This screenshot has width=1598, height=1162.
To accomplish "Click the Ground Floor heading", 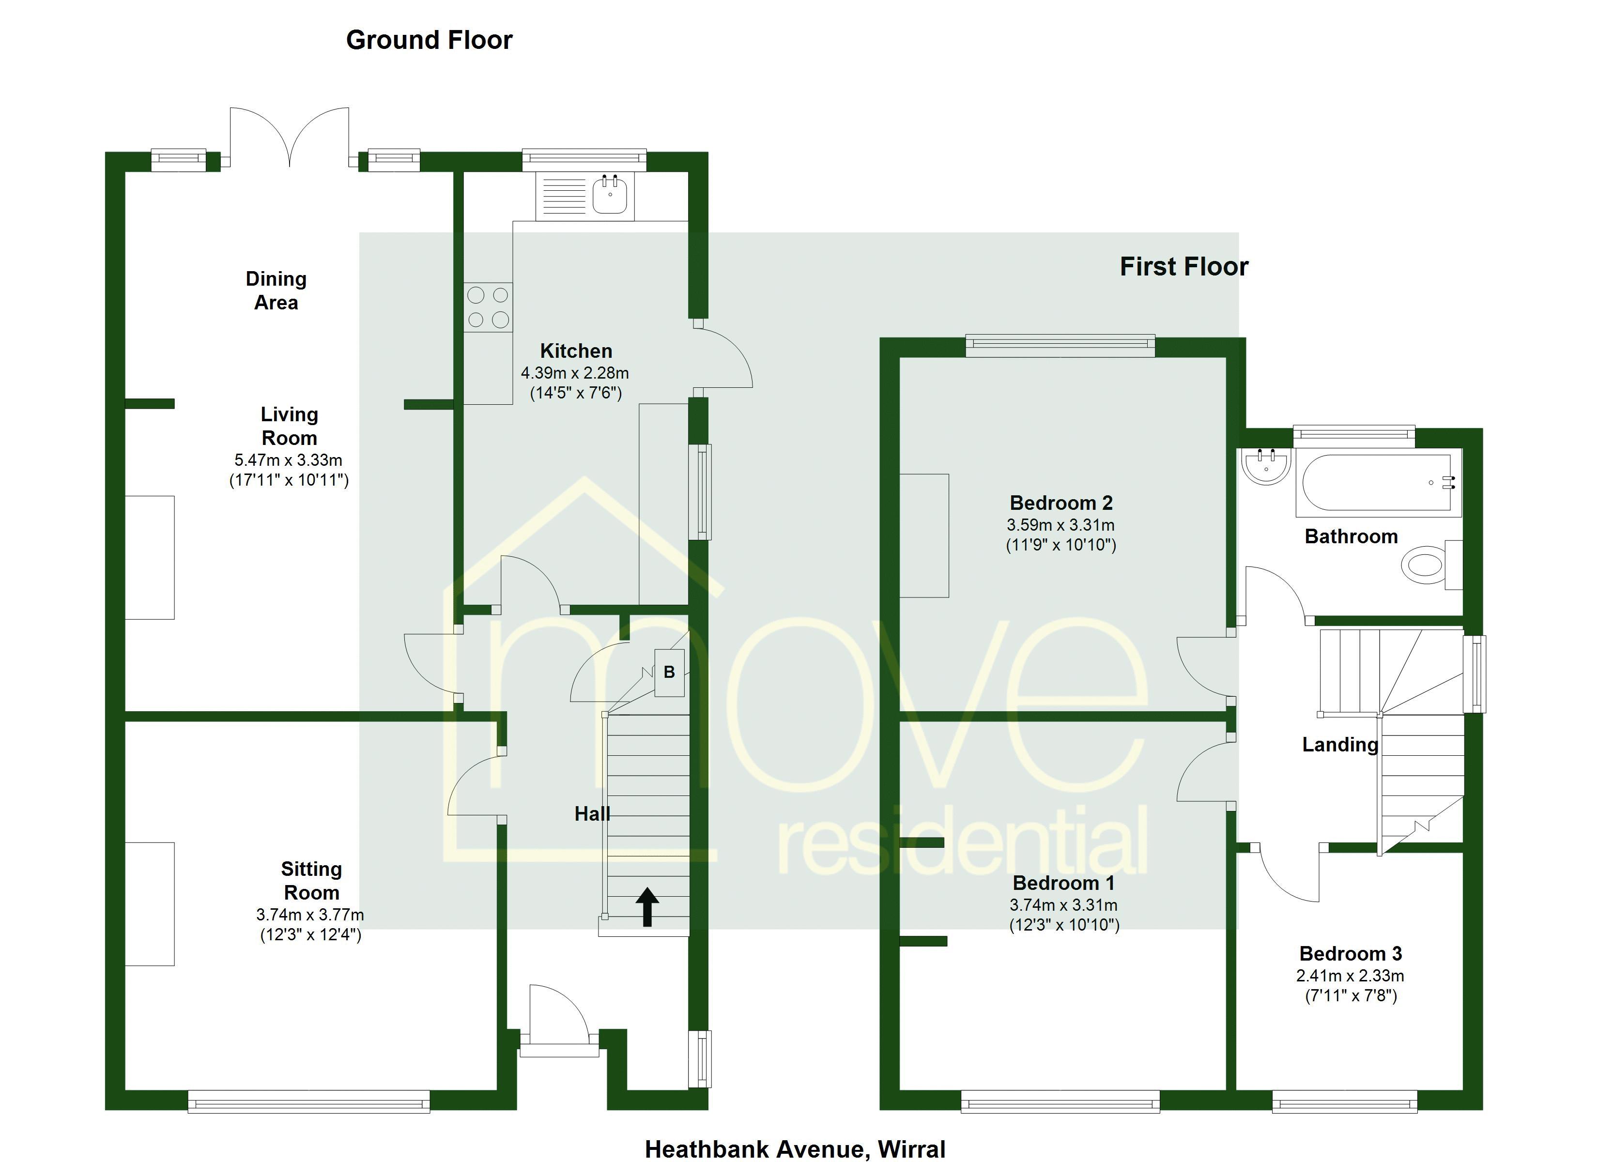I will (429, 40).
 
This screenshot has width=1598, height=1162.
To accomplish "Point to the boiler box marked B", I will (669, 672).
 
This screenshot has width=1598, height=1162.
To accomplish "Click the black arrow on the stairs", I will (647, 907).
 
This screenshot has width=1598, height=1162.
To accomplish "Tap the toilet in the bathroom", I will (1425, 566).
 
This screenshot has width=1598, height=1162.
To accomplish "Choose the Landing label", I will (1339, 745).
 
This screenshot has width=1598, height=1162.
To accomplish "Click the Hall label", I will (592, 814).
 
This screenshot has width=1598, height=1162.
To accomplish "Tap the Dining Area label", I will (276, 291).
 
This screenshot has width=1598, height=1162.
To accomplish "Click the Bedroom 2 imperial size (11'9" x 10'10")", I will (1060, 545).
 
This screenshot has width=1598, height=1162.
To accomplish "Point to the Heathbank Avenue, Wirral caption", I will (795, 1149).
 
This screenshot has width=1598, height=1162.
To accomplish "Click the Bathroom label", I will (1351, 537).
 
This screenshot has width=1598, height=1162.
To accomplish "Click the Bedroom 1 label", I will (1064, 883).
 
